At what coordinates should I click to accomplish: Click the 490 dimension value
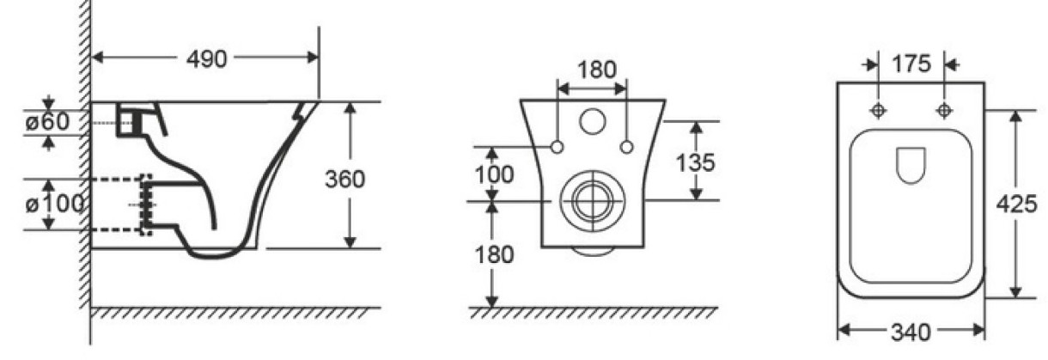pyautogui.click(x=206, y=59)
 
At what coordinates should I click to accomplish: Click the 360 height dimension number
pyautogui.click(x=344, y=180)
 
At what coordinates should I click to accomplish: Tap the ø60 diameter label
pyautogui.click(x=48, y=122)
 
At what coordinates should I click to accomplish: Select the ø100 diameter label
pyautogui.click(x=55, y=204)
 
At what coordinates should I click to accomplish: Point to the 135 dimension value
pyautogui.click(x=695, y=162)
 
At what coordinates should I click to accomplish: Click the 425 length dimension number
pyautogui.click(x=1016, y=204)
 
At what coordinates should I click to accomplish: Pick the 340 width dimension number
pyautogui.click(x=911, y=333)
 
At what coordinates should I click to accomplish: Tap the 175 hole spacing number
pyautogui.click(x=911, y=64)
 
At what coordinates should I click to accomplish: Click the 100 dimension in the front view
pyautogui.click(x=494, y=174)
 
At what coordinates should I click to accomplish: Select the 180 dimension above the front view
pyautogui.click(x=597, y=70)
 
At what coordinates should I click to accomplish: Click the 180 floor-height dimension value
pyautogui.click(x=494, y=254)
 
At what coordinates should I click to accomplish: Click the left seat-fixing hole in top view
pyautogui.click(x=878, y=111)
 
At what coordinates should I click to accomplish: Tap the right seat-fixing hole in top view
pyautogui.click(x=944, y=111)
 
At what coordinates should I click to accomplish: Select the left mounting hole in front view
pyautogui.click(x=557, y=147)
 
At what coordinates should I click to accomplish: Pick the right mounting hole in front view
pyautogui.click(x=626, y=147)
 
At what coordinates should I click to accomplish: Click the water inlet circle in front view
pyautogui.click(x=593, y=121)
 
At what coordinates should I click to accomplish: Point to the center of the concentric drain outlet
pyautogui.click(x=593, y=201)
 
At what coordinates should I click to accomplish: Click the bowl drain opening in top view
pyautogui.click(x=911, y=165)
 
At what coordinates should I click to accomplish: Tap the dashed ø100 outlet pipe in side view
pyautogui.click(x=121, y=204)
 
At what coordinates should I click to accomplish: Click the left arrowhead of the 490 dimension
pyautogui.click(x=97, y=58)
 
